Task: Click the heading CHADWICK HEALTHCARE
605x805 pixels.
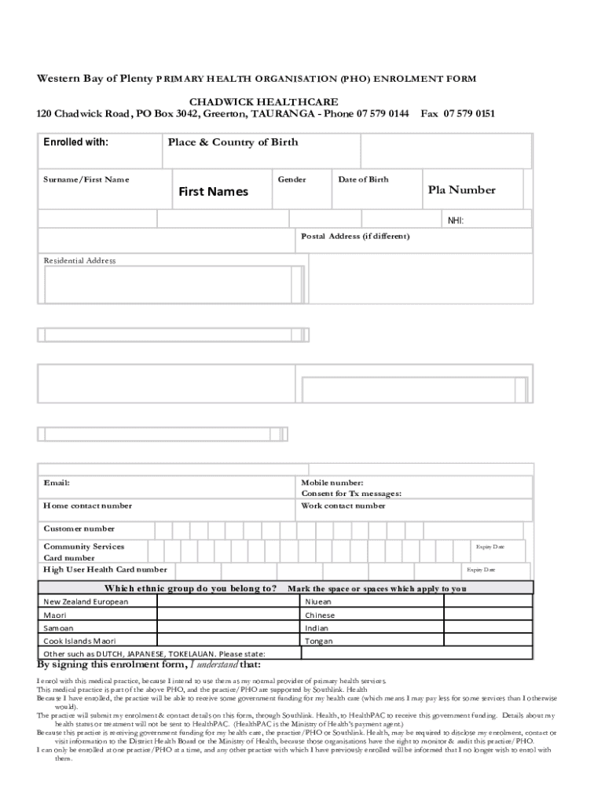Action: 264,102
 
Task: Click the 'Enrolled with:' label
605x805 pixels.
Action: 75,142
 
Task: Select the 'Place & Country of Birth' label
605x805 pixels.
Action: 233,142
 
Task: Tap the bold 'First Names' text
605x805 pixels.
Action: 213,192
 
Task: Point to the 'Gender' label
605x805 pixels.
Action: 291,180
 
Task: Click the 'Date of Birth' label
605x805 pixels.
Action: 363,180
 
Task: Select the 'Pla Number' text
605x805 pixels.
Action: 461,190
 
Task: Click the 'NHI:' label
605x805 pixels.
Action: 456,221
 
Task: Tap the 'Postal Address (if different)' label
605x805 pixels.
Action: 355,236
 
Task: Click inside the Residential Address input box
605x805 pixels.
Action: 169,284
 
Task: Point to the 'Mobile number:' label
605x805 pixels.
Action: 332,483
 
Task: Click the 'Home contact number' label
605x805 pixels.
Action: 87,505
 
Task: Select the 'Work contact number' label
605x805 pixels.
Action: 343,505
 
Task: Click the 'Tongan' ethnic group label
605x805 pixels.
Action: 319,641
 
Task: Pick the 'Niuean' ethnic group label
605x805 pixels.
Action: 319,601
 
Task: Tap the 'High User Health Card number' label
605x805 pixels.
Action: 104,569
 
